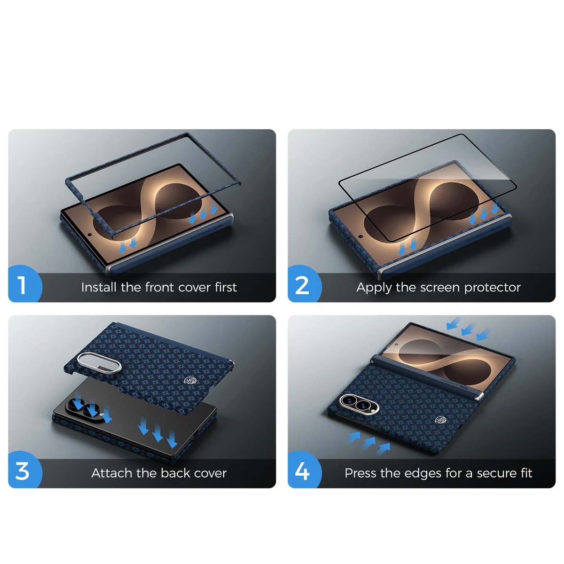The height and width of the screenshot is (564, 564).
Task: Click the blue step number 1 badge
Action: click(x=24, y=283)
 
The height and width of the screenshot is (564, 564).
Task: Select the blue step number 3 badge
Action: click(x=24, y=470)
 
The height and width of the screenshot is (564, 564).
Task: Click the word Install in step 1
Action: click(x=99, y=287)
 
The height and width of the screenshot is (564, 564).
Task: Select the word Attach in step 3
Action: click(x=111, y=473)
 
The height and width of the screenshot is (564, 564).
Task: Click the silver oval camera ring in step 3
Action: click(x=99, y=363)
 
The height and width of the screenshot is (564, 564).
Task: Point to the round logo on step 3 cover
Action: click(x=190, y=381)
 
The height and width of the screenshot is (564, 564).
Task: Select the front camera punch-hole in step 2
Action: click(x=360, y=236)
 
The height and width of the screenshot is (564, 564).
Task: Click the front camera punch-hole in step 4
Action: click(x=396, y=344)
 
